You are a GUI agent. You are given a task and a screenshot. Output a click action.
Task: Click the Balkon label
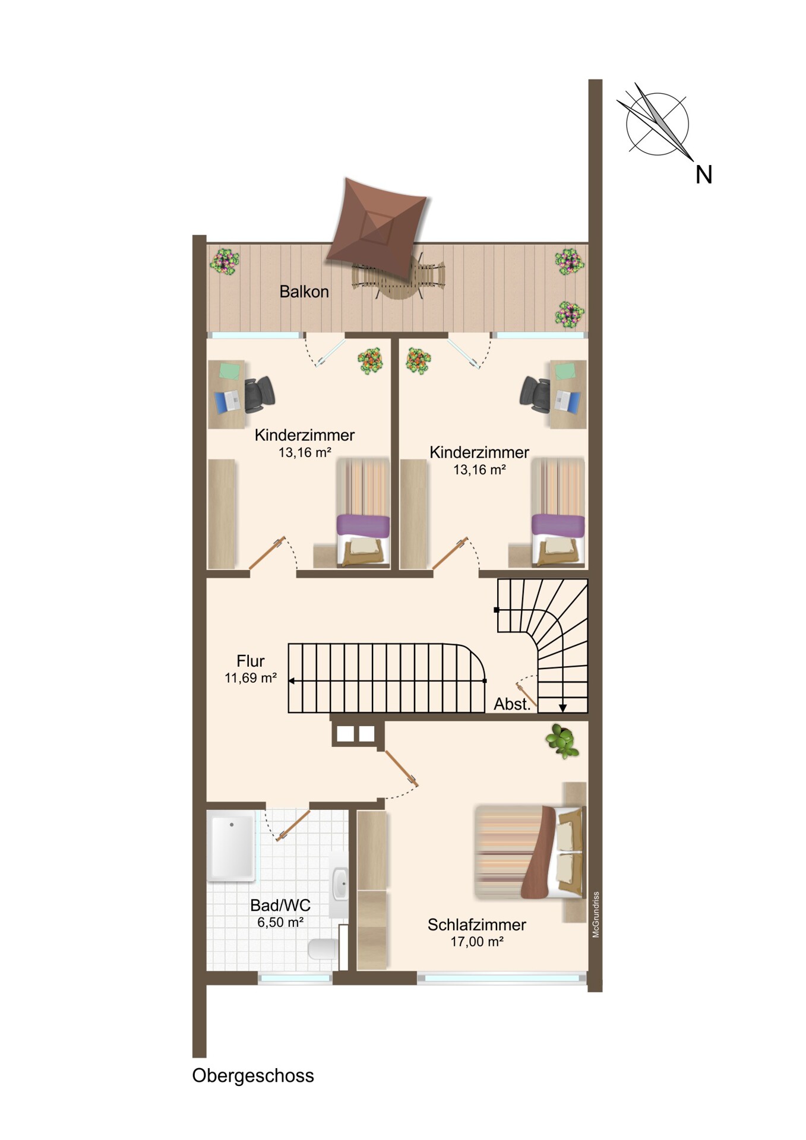point(304,292)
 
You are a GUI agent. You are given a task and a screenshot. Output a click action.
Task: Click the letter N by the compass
point(704,175)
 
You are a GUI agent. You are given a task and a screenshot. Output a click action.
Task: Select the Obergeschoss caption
point(253,1075)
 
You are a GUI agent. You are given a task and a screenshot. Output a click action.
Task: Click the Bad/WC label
point(280,905)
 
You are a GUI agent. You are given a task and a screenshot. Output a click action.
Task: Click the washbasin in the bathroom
point(340,883)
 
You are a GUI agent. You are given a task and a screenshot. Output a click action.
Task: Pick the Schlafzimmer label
point(477,924)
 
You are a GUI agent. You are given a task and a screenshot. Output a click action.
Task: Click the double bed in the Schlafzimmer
point(529,851)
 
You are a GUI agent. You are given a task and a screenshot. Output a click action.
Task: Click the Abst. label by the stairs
point(513,704)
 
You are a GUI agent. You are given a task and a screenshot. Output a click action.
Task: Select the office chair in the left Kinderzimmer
point(259,394)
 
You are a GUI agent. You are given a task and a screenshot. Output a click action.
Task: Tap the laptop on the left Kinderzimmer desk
point(227,402)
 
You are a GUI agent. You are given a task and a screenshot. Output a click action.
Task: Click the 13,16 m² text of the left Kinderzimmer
point(305,452)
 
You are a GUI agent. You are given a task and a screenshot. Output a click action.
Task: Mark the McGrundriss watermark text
point(596,914)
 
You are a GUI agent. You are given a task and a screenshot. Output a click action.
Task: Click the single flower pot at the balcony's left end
point(225,261)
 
